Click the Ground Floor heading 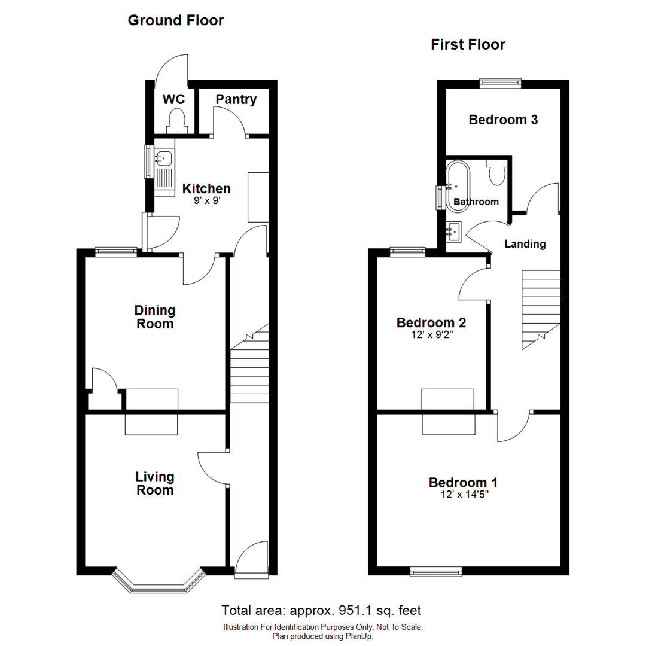click(x=176, y=21)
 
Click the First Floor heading click(x=468, y=45)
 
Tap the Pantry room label click(x=236, y=100)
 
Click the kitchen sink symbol click(x=163, y=159)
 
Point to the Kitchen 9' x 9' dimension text click(x=206, y=202)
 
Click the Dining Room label click(x=155, y=318)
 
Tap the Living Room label click(x=155, y=483)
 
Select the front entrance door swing click(x=251, y=559)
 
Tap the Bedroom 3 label click(x=503, y=120)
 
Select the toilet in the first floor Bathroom click(x=496, y=173)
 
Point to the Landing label click(x=525, y=244)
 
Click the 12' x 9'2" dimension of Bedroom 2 click(x=431, y=336)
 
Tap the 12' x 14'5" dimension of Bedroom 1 click(x=463, y=495)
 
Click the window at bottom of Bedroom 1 click(x=436, y=572)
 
